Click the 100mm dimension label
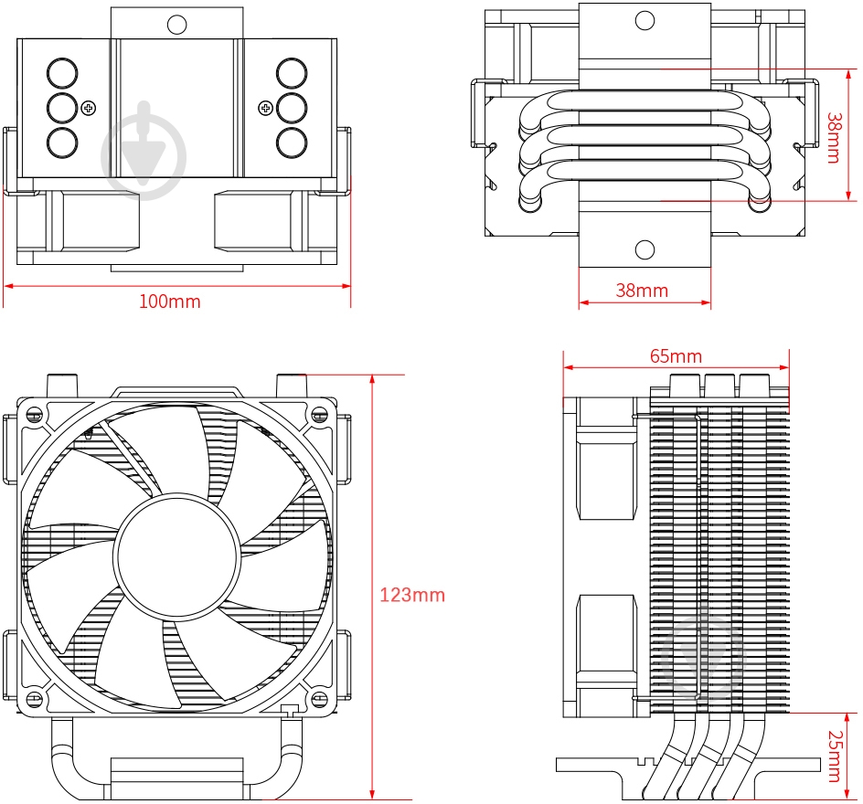(169, 301)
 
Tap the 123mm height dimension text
(411, 596)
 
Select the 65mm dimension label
(676, 355)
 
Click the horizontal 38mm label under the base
(641, 291)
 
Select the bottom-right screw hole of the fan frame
(319, 700)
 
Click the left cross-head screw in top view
(89, 109)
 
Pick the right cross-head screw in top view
(265, 109)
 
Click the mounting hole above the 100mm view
(177, 24)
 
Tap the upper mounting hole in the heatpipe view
(645, 20)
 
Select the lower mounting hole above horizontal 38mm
(645, 249)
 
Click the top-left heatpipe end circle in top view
(62, 73)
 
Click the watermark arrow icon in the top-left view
(144, 150)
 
